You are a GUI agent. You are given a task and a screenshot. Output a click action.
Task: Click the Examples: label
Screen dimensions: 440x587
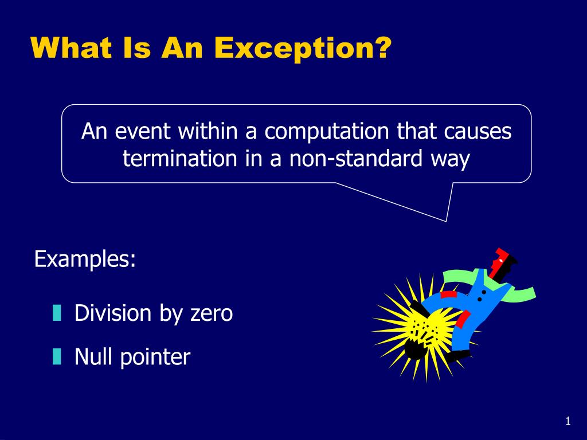click(85, 259)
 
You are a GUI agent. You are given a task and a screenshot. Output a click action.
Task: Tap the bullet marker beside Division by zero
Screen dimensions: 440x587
click(56, 313)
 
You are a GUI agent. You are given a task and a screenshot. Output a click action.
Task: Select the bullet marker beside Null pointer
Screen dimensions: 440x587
click(56, 357)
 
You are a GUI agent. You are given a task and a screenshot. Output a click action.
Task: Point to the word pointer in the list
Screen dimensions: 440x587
click(155, 358)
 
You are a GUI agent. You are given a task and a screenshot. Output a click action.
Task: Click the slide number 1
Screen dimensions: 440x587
click(568, 422)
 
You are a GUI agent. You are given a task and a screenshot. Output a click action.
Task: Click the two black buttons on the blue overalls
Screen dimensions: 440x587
click(482, 296)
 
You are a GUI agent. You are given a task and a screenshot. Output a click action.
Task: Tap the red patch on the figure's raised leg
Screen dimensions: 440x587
click(448, 294)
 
